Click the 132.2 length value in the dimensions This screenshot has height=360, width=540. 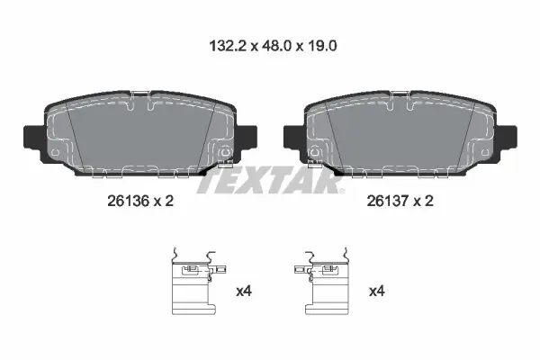click(228, 46)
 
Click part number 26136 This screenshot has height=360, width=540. click(128, 201)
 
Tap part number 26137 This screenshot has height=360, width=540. click(387, 201)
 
